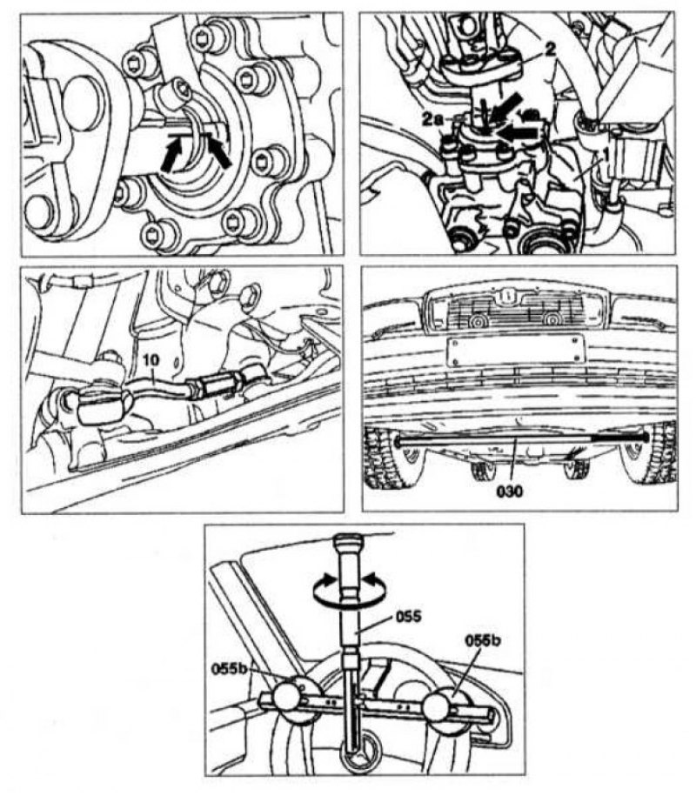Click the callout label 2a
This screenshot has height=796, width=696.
coord(433,120)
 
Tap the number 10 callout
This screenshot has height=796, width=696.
coord(151,360)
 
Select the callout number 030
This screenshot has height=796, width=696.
coord(509,491)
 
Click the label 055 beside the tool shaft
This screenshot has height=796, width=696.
coord(409,616)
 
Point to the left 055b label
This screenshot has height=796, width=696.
coord(230,669)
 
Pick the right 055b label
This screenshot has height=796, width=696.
coord(483,640)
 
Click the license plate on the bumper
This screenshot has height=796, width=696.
coord(513,351)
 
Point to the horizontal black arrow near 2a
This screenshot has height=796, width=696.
coord(518,133)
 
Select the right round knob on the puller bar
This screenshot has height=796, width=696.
coord(440,707)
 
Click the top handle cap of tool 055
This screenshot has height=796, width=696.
coord(347,540)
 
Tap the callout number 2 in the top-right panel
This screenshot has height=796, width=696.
coord(550,50)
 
